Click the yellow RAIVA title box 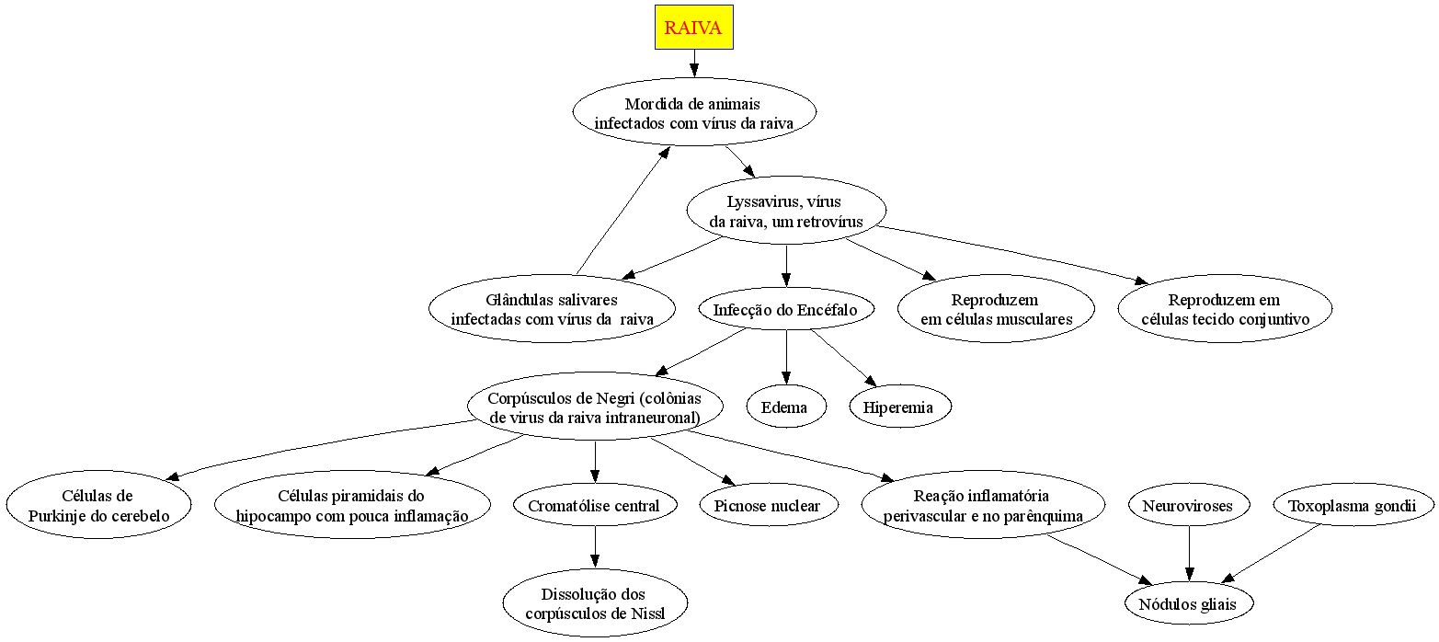click(x=693, y=28)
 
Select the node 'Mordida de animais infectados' click(x=693, y=112)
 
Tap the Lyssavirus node click(x=785, y=211)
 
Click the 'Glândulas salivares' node click(x=552, y=309)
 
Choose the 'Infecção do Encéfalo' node click(x=785, y=310)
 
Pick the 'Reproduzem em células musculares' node click(x=996, y=309)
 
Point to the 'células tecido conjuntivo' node click(x=1224, y=309)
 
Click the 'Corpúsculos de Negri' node click(x=595, y=407)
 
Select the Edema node click(x=785, y=407)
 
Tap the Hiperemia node click(x=899, y=407)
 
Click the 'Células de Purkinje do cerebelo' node click(x=99, y=506)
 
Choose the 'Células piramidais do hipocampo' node click(x=352, y=506)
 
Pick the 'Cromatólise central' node click(x=595, y=506)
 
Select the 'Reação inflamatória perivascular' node click(x=983, y=506)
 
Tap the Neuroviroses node click(x=1190, y=506)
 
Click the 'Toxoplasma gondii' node click(x=1353, y=506)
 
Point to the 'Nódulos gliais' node click(x=1190, y=604)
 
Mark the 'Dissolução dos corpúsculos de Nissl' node click(x=595, y=603)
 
